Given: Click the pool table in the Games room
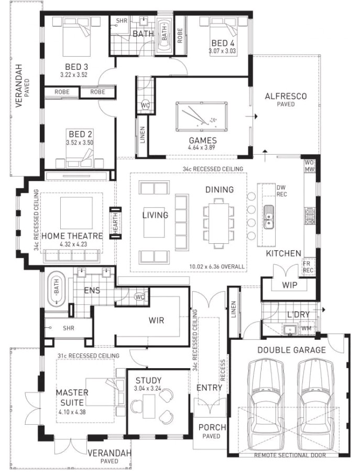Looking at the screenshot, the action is click(202, 116).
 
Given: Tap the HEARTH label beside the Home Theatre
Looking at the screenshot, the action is click(115, 223).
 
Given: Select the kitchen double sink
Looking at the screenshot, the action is click(269, 217).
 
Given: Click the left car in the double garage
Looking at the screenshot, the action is click(265, 406).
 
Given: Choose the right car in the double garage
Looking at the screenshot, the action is click(317, 406).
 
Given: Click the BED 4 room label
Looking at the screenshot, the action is click(223, 43).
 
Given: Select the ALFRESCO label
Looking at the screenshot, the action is click(286, 96).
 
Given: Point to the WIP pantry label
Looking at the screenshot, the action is click(290, 285).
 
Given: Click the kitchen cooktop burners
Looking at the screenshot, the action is click(310, 216).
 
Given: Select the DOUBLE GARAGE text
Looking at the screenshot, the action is click(291, 350).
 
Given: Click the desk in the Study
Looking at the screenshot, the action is click(149, 406).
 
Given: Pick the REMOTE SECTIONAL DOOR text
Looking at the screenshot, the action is click(290, 455).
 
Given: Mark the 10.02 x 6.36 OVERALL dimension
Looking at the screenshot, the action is click(217, 266).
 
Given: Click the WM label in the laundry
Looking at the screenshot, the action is click(306, 328).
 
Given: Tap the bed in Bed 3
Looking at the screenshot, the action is click(77, 37).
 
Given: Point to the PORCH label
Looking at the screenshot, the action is click(212, 427).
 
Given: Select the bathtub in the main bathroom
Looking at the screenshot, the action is click(164, 35).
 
